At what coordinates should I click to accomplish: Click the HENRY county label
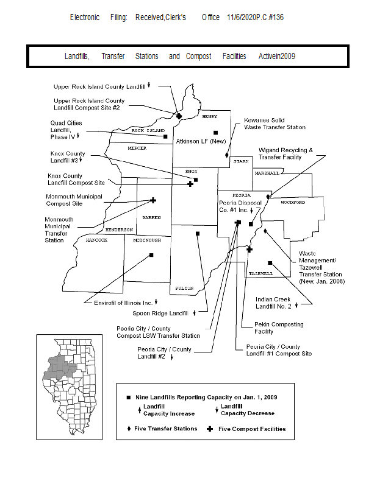[x=209, y=116]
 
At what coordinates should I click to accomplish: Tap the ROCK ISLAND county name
[x=148, y=130]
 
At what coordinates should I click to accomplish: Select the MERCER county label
[x=137, y=148]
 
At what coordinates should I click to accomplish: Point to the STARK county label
[x=240, y=161]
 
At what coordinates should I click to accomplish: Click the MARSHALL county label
[x=266, y=173]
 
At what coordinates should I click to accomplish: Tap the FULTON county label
[x=184, y=287]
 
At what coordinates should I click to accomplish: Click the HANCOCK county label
[x=96, y=240]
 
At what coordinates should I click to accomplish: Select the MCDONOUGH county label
[x=146, y=240]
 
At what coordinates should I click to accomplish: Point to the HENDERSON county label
[x=119, y=229]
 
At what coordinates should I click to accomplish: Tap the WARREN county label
[x=151, y=217]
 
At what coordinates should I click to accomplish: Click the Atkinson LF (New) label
[x=201, y=141]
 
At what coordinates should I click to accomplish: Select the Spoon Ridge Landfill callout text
[x=160, y=314]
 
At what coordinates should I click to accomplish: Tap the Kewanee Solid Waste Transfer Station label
[x=275, y=124]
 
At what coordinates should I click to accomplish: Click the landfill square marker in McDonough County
[x=151, y=256]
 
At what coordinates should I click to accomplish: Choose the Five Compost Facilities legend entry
[x=251, y=429]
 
